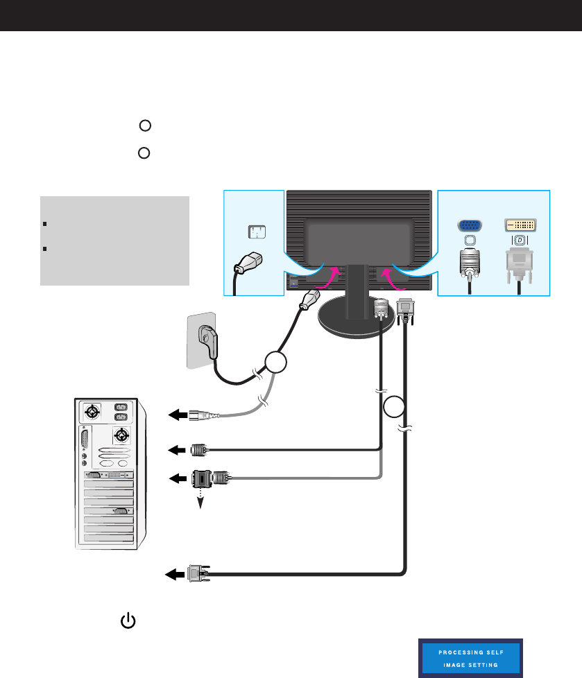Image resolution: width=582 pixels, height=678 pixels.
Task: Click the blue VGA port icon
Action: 471,225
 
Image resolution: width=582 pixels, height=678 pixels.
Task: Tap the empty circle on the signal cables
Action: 394,407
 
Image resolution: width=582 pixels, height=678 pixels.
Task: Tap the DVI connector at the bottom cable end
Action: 196,573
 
